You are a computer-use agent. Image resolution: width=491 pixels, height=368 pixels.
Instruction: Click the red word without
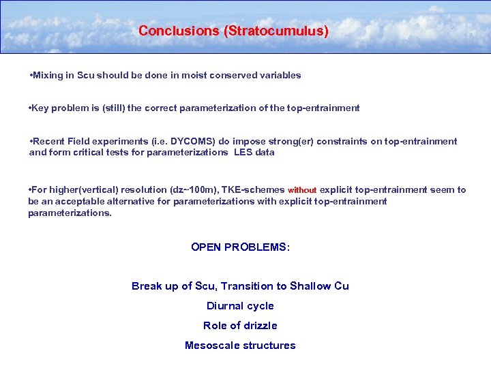pyautogui.click(x=302, y=190)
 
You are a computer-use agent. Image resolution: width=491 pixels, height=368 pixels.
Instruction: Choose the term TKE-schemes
pyautogui.click(x=256, y=189)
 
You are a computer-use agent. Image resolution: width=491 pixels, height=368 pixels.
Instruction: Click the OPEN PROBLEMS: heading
pyautogui.click(x=240, y=247)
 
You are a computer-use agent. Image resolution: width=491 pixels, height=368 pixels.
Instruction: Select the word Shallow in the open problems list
pyautogui.click(x=311, y=286)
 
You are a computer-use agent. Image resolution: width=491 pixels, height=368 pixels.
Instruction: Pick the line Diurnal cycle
pyautogui.click(x=240, y=306)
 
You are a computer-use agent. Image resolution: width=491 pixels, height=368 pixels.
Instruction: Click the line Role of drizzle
pyautogui.click(x=240, y=326)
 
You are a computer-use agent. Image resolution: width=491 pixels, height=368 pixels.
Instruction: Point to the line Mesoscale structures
pyautogui.click(x=240, y=346)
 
